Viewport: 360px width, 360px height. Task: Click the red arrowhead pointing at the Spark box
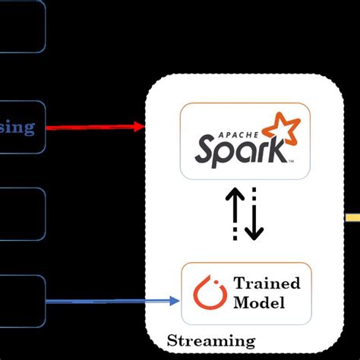click(x=138, y=127)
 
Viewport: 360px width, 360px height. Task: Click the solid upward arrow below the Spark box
click(x=235, y=214)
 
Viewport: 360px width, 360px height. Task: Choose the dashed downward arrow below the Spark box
click(x=254, y=214)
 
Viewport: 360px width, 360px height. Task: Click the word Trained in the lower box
click(x=267, y=284)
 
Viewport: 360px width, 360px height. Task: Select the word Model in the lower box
click(x=260, y=303)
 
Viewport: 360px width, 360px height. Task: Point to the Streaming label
click(x=211, y=340)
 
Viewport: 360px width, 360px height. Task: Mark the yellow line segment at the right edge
click(x=352, y=218)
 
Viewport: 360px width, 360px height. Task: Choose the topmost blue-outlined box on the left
click(x=21, y=27)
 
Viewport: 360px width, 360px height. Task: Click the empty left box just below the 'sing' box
click(x=21, y=214)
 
